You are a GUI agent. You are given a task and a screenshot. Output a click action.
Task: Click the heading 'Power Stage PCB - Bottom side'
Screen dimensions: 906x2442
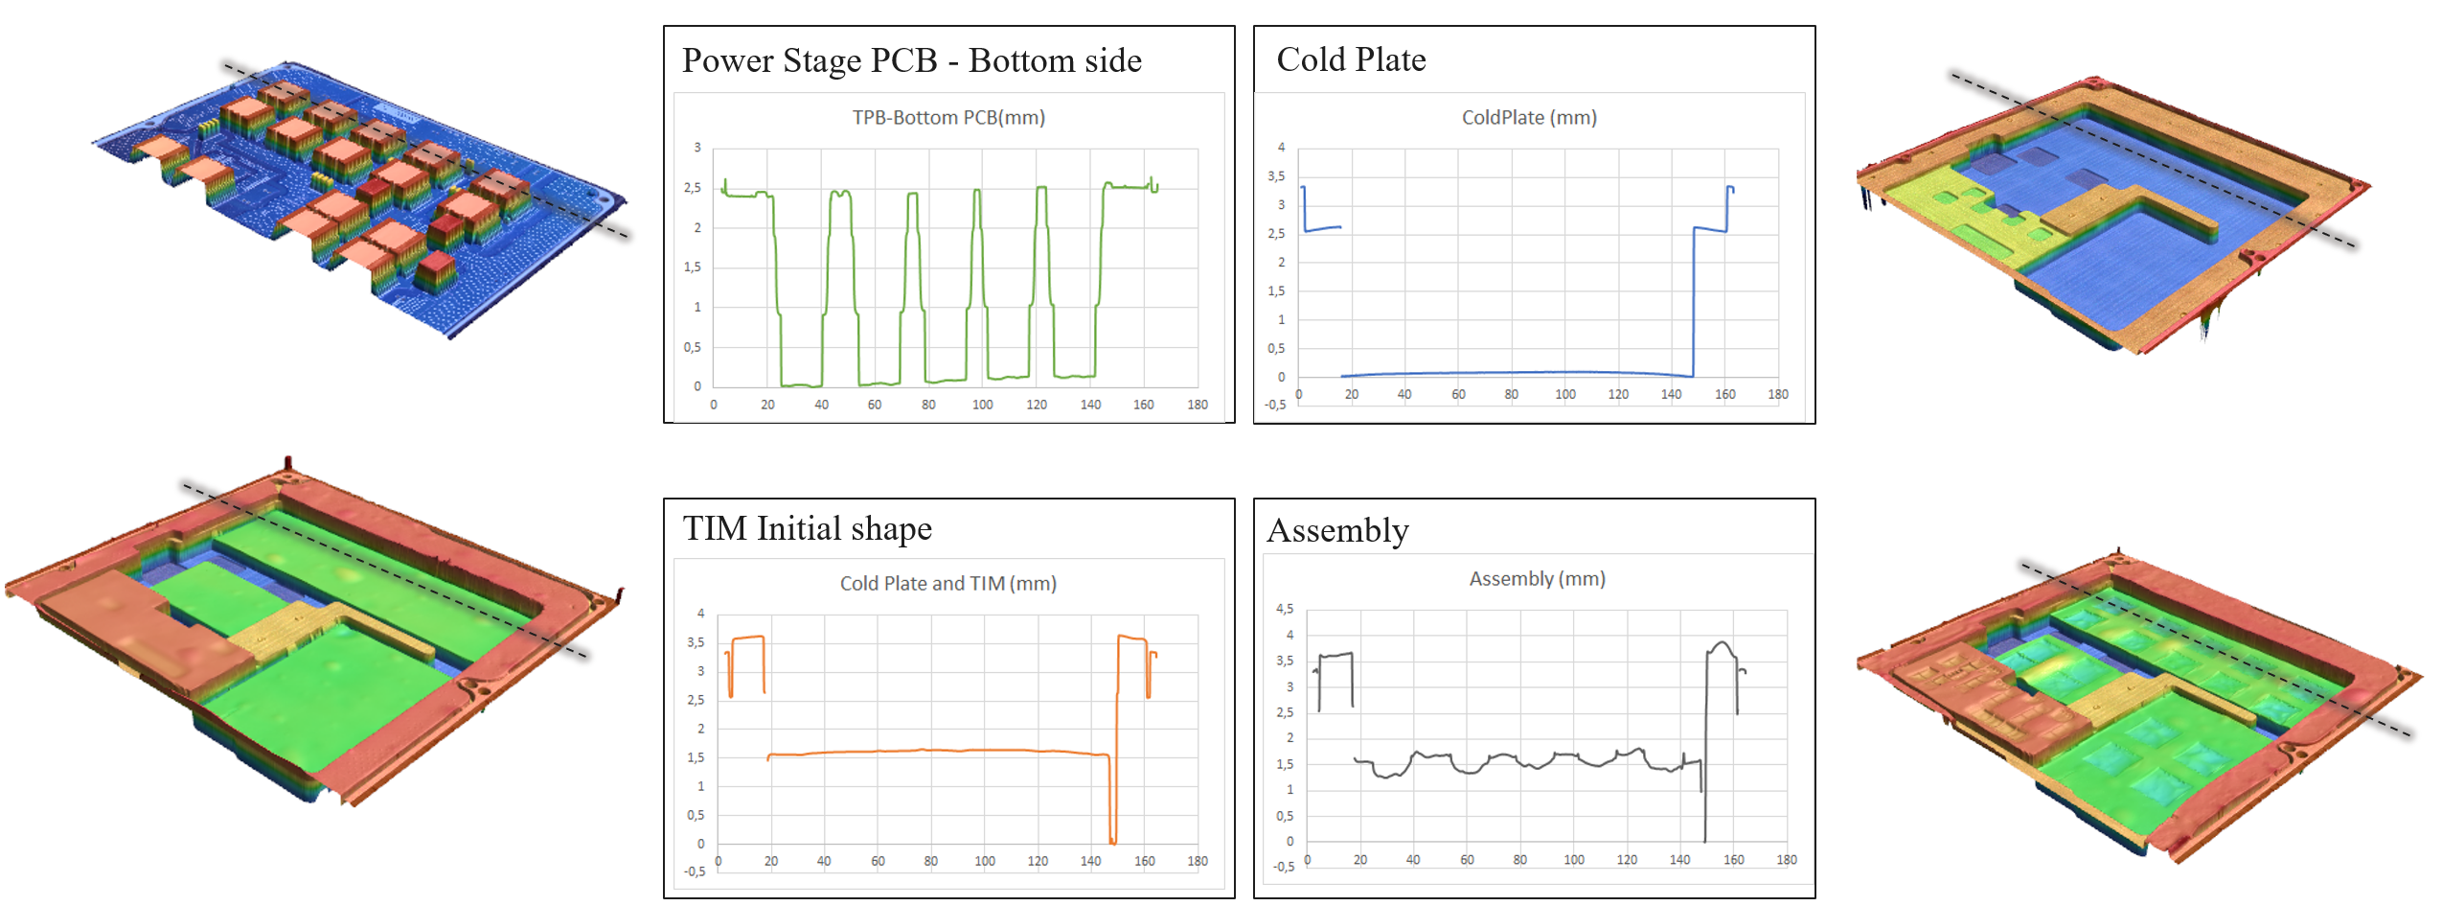tap(911, 60)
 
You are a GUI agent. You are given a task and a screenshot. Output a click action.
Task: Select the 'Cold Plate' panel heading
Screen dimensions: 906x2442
tap(1351, 59)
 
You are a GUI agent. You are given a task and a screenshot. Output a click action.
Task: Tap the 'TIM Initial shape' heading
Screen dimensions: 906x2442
tap(807, 528)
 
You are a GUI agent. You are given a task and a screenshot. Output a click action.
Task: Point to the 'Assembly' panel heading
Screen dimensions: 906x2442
tap(1337, 530)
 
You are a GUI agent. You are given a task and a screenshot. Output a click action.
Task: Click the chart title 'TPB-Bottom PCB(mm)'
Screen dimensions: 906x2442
tap(948, 117)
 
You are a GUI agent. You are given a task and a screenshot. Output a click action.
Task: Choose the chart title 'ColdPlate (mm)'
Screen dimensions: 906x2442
tap(1529, 117)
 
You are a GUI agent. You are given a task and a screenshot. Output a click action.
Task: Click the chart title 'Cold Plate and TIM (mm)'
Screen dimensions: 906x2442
tap(947, 583)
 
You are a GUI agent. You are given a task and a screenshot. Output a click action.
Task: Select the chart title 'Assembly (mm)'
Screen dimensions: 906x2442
tap(1537, 578)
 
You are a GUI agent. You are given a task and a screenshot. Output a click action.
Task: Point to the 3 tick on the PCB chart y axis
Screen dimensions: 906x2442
tap(697, 148)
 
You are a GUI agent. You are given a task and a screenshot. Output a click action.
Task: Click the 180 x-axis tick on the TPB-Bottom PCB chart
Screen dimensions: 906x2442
tap(1198, 405)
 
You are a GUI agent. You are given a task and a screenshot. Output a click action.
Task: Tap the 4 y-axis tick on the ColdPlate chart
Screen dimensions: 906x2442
tap(1281, 148)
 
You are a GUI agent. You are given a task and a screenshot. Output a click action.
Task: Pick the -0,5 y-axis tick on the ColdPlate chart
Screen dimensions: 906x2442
tap(1275, 405)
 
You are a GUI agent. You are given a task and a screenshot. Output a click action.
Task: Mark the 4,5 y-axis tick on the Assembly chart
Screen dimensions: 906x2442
tap(1285, 609)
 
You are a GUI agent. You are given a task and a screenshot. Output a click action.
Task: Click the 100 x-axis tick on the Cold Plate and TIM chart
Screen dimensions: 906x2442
tap(984, 861)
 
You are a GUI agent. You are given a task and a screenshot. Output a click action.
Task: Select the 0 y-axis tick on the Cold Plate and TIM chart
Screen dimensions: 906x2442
tap(700, 844)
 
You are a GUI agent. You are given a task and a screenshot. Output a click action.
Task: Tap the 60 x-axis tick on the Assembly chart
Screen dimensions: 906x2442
tap(1467, 860)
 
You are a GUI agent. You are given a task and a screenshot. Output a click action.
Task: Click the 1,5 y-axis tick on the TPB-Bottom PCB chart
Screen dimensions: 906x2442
tap(692, 267)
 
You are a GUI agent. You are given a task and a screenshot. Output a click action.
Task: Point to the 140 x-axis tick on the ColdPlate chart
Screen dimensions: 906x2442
tap(1671, 394)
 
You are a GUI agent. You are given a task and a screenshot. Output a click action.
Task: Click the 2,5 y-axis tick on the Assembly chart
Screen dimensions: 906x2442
tap(1285, 712)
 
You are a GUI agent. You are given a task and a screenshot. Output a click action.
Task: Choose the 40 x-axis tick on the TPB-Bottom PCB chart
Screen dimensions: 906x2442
tap(821, 405)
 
